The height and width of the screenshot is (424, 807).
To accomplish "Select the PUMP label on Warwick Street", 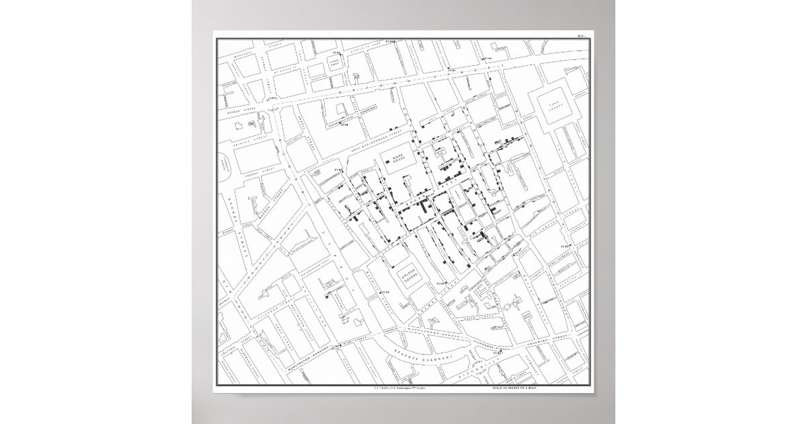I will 386,293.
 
